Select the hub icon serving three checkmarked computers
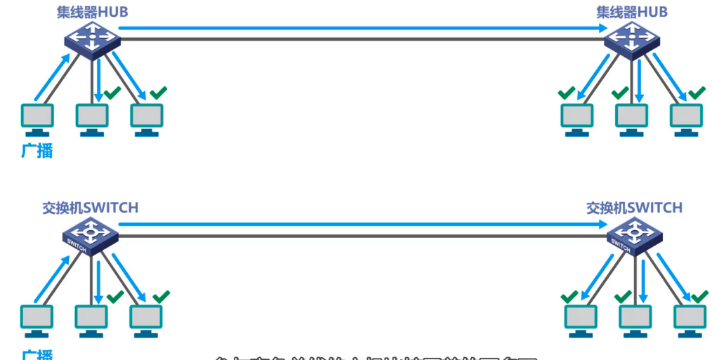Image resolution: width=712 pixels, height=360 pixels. pos(632,39)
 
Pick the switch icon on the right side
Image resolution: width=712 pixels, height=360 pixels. pos(634,235)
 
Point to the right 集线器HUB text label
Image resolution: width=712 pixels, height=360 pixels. pos(632,13)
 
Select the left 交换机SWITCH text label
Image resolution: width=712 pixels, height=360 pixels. pos(90,208)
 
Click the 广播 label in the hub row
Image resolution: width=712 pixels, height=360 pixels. pos(37,150)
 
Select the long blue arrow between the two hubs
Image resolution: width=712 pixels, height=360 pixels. pos(362,29)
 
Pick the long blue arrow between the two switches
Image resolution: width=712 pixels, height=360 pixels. pos(362,225)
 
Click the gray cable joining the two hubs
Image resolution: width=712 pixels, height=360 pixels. pos(362,39)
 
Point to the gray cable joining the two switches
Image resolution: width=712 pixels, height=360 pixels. pos(362,235)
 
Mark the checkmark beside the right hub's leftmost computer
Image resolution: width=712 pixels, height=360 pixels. pos(567,93)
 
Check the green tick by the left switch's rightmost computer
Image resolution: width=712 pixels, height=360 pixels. pos(161,296)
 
